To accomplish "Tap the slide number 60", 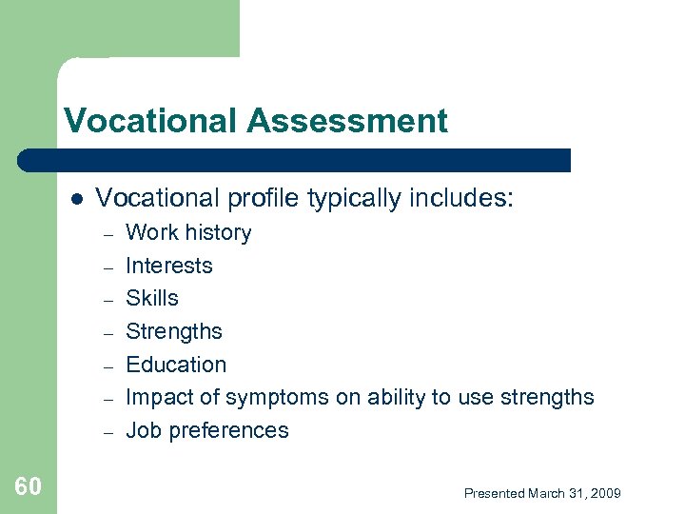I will pos(28,487).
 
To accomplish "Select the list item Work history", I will pos(188,233).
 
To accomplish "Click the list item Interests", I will pos(169,266).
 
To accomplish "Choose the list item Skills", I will pos(152,299).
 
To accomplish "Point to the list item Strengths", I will pos(174,332).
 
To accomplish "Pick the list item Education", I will pos(176,365).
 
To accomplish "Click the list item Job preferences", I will pos(206,430).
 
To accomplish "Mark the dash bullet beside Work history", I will pos(108,234).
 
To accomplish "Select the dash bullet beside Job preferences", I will pos(108,431).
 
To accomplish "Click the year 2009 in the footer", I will pos(605,493).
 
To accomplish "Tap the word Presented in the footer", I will pos(494,493).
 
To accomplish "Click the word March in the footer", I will pos(546,493).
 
